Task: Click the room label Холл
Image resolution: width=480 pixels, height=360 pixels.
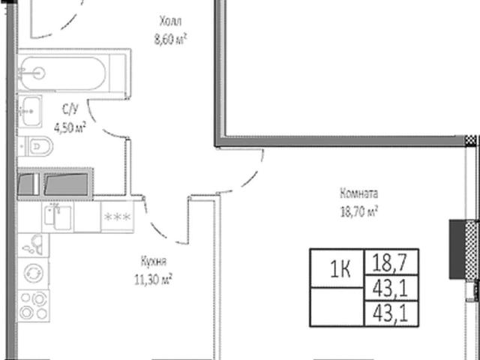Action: pos(170,22)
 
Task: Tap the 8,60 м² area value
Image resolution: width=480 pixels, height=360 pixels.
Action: pos(170,40)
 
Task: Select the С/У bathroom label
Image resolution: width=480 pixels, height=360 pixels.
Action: pos(70,109)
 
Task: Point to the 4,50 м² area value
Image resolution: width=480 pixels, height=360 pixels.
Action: pos(70,127)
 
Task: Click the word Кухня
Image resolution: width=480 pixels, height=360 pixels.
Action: pos(154,262)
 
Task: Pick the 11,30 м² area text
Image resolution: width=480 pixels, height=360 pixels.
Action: pos(153,280)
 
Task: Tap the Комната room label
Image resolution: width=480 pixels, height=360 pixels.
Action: pos(358,193)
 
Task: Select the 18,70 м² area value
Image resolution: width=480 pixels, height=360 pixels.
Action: pos(358,211)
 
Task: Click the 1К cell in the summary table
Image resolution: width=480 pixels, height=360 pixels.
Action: pos(340,270)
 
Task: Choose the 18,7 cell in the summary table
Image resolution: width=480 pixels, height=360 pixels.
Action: pos(390,263)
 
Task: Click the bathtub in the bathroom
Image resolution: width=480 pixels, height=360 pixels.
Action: pos(63,73)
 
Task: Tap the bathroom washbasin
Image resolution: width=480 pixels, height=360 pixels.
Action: pos(30,111)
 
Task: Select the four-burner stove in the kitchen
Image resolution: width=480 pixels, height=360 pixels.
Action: pos(33,305)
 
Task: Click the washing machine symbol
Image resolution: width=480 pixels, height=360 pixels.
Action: pos(33,273)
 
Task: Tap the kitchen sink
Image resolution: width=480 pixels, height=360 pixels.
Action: pos(58,217)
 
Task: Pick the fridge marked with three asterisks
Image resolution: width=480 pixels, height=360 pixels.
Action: pos(117,217)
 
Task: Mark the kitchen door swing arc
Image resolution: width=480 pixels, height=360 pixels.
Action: pos(159,227)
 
